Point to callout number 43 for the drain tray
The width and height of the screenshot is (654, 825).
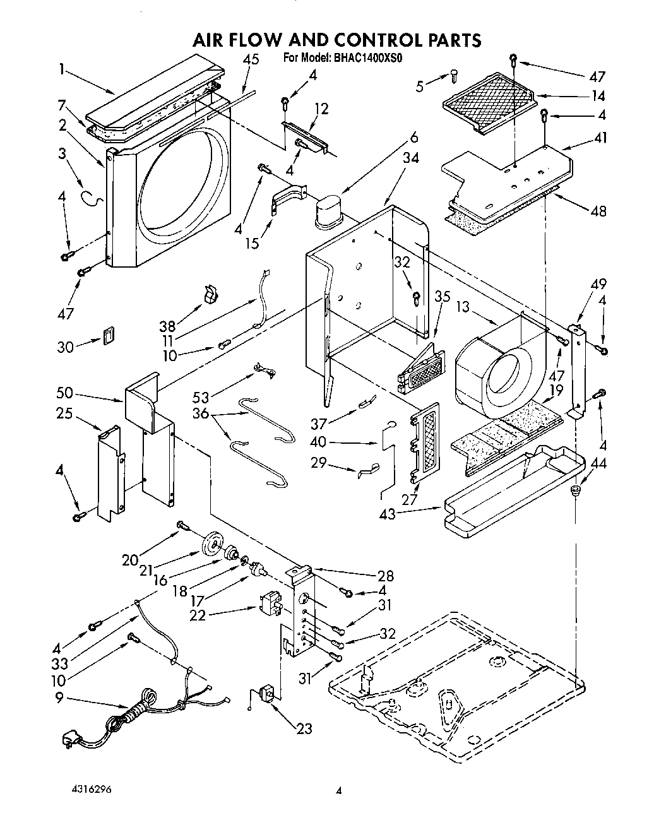coord(388,514)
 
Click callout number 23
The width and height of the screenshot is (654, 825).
coord(304,728)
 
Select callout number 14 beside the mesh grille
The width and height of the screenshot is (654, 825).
coord(597,96)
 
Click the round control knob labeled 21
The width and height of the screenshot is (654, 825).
coord(214,543)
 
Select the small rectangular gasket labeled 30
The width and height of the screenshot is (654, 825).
coord(110,335)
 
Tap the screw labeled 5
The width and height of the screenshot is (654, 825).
coord(455,76)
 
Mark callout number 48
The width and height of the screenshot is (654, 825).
coord(597,211)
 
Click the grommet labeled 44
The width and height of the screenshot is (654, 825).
coord(576,490)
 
